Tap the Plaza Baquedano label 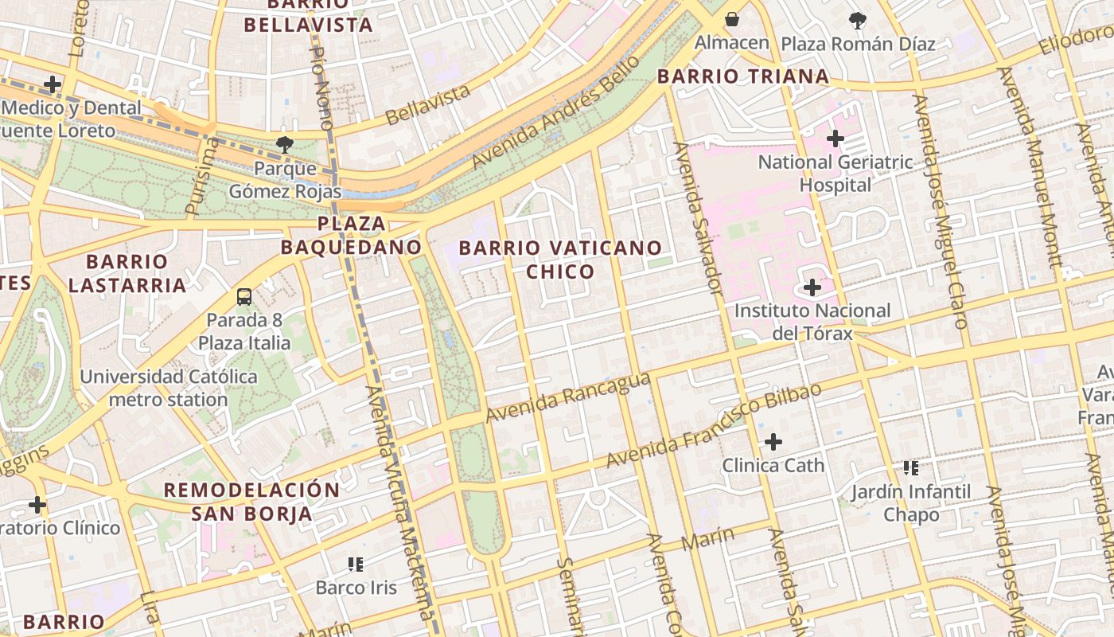(x=351, y=235)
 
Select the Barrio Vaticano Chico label (x=560, y=260)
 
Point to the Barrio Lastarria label (x=127, y=273)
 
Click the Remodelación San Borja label (x=251, y=502)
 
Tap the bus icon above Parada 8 (x=244, y=297)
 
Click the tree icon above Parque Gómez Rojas (x=284, y=144)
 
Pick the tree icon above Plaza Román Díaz (x=857, y=21)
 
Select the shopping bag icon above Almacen (x=731, y=18)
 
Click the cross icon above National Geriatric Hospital (x=835, y=139)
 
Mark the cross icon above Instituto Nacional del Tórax (x=812, y=287)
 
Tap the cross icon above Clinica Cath (x=773, y=441)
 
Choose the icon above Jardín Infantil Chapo (x=911, y=467)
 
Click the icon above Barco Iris (x=356, y=565)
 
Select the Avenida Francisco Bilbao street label (x=713, y=426)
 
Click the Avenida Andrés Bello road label (x=555, y=113)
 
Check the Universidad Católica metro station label (x=169, y=388)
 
